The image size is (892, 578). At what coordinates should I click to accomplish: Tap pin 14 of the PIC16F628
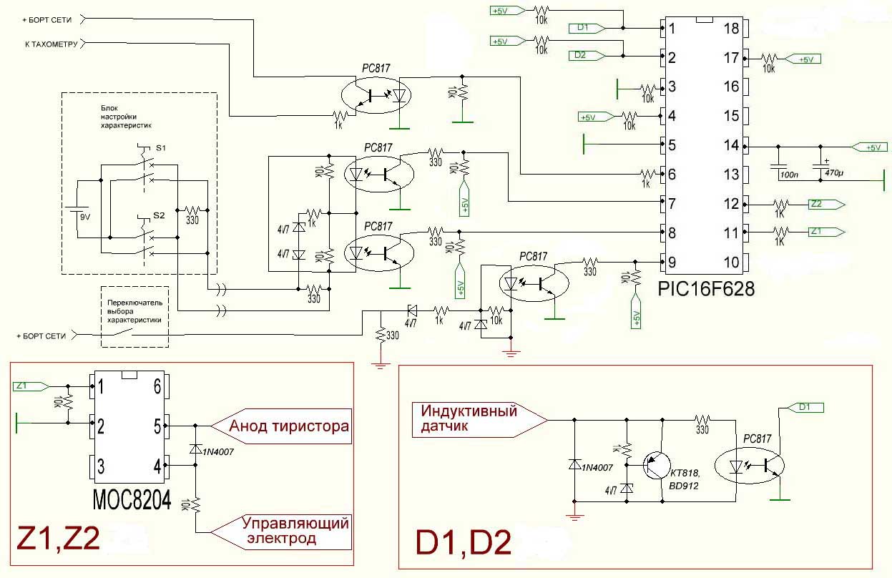click(731, 145)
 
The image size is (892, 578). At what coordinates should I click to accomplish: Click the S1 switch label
click(160, 147)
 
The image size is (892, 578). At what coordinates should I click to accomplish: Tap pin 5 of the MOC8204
click(157, 426)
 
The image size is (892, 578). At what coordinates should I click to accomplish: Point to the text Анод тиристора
click(288, 426)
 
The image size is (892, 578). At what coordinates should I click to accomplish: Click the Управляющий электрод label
click(294, 530)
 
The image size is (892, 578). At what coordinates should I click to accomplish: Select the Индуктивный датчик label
click(469, 418)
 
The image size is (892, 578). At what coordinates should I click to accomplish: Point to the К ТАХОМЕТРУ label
click(48, 44)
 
